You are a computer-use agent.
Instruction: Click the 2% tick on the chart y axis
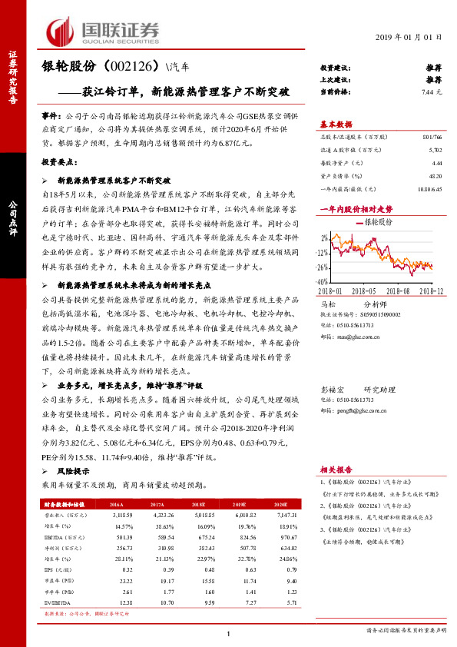click(325, 237)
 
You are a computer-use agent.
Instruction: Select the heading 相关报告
click(335, 469)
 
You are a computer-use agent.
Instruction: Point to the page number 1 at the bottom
click(229, 632)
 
